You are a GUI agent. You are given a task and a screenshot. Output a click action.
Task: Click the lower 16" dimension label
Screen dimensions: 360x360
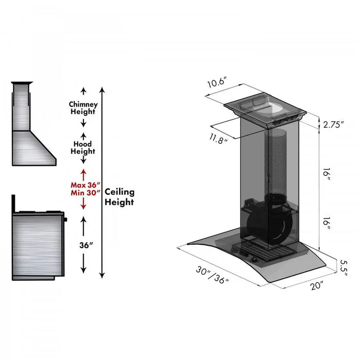pos(327,224)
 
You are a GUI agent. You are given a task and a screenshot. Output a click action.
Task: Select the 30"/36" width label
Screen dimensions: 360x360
pos(212,277)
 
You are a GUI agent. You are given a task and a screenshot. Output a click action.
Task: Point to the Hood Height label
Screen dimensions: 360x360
pos(83,148)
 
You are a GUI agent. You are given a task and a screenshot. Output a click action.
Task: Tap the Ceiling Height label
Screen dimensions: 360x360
pos(119,197)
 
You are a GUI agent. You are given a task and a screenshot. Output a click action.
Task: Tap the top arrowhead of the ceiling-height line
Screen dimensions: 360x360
pos(102,90)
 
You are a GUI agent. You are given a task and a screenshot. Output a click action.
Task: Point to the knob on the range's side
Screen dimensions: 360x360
pos(66,220)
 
